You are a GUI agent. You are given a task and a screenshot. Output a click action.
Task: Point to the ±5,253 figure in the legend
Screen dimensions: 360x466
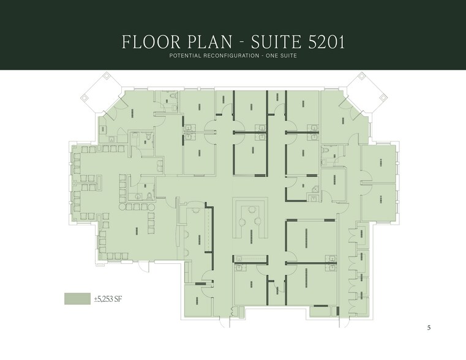click(x=105, y=299)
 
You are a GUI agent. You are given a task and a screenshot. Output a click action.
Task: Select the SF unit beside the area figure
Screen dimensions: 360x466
click(x=121, y=299)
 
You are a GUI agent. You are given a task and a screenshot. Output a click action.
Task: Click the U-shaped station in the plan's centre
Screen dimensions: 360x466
click(x=251, y=217)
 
